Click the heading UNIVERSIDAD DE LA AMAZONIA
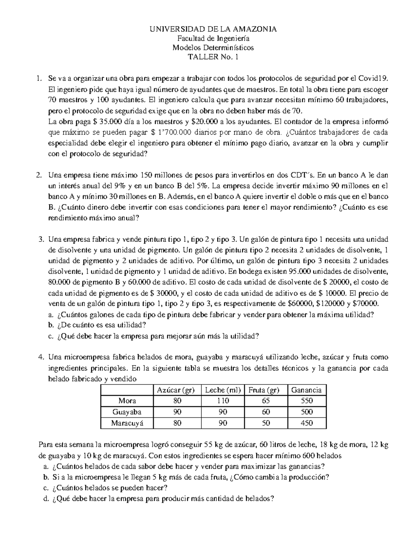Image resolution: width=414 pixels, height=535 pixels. pos(213,29)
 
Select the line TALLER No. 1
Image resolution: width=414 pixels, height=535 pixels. pos(213,57)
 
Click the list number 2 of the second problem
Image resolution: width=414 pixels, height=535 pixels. pos(39,175)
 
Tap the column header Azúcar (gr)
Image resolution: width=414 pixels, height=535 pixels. pos(176,390)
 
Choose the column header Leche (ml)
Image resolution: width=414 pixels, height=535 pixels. pos(223,390)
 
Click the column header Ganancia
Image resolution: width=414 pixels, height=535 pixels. pos(306,390)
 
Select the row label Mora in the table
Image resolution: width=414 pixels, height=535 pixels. pos(127,401)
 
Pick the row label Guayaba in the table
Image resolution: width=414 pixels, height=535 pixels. pos(127,412)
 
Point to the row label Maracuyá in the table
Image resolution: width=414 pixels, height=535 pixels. pos(127,423)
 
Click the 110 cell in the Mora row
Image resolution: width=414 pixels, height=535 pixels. pos(223,401)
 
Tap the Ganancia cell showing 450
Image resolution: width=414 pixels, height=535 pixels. pos(306,423)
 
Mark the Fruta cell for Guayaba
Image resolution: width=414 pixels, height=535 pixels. pos(266,412)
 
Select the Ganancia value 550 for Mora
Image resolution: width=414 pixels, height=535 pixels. pos(306,401)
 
